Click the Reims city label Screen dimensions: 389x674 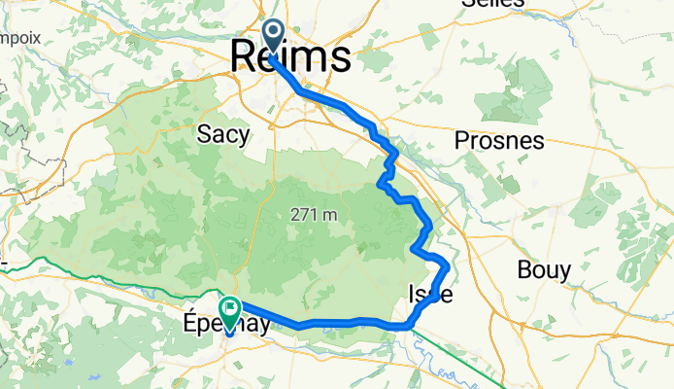(x=290, y=56)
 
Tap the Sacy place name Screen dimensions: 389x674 (x=222, y=134)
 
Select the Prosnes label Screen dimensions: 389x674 (x=499, y=140)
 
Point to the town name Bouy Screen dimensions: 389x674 (x=544, y=269)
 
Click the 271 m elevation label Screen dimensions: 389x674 (x=313, y=215)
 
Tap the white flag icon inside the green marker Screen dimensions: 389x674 (x=231, y=310)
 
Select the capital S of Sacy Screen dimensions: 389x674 (x=204, y=134)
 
